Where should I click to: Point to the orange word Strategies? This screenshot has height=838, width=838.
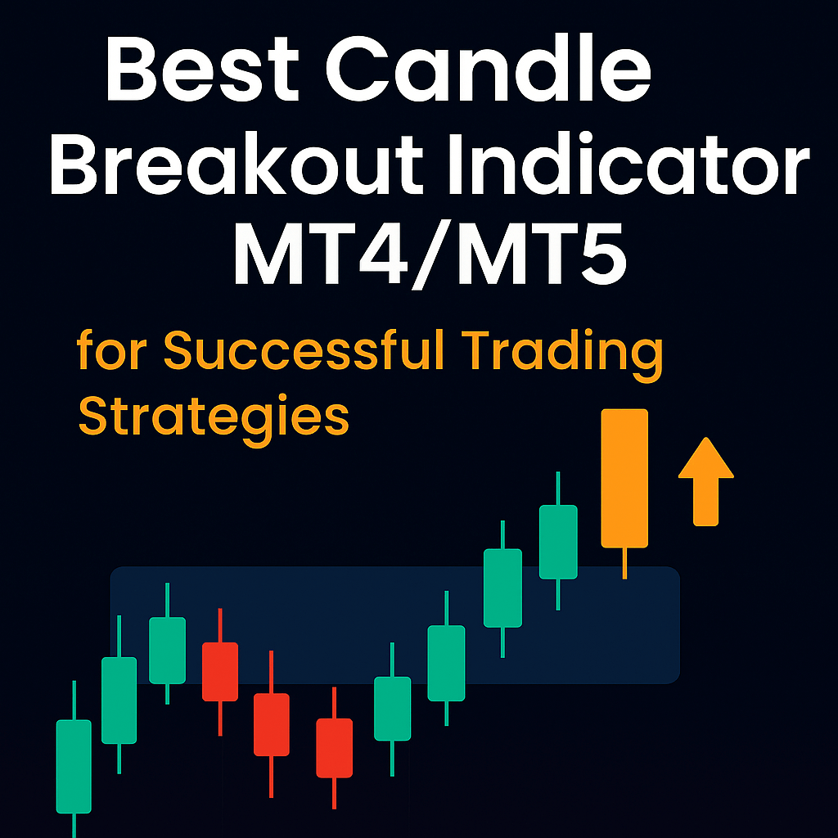[x=213, y=418]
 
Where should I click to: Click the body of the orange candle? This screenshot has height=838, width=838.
[x=624, y=478]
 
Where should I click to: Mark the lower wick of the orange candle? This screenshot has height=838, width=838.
[x=624, y=563]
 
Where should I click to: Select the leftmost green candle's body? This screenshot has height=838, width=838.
[x=74, y=766]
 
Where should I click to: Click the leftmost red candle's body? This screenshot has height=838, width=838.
[x=220, y=671]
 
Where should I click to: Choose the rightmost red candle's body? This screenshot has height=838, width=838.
[x=334, y=747]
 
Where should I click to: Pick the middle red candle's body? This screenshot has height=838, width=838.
[x=271, y=724]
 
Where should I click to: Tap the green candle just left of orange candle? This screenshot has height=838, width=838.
[x=558, y=542]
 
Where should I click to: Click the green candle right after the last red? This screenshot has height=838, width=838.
[x=392, y=708]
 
